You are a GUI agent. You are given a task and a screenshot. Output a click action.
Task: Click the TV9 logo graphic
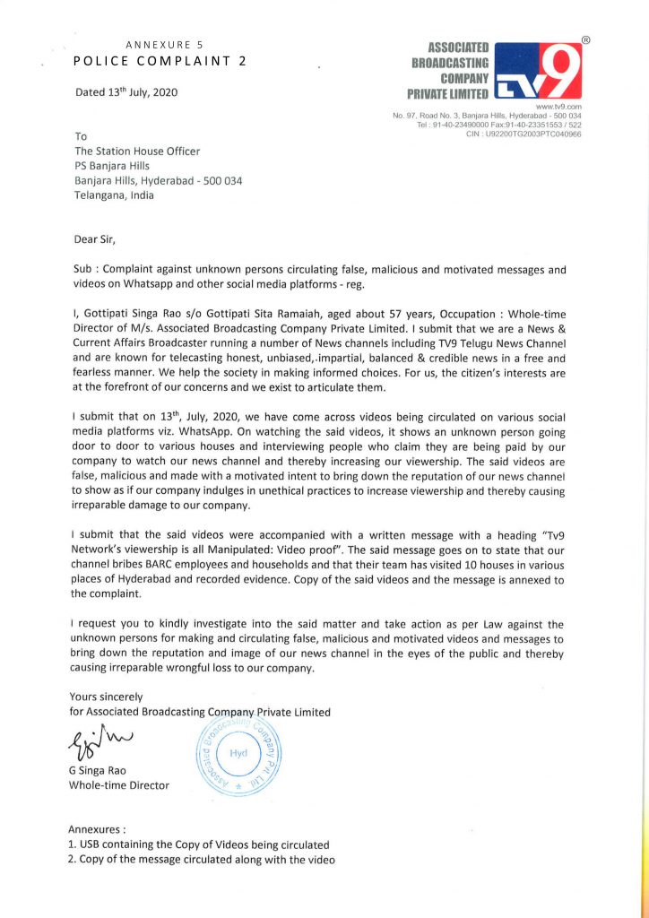click(536, 70)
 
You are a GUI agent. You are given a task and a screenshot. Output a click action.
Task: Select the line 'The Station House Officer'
click(137, 152)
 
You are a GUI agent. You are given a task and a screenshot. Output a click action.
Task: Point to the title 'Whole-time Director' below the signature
click(119, 786)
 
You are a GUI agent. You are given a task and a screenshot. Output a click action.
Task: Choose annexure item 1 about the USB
click(199, 844)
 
